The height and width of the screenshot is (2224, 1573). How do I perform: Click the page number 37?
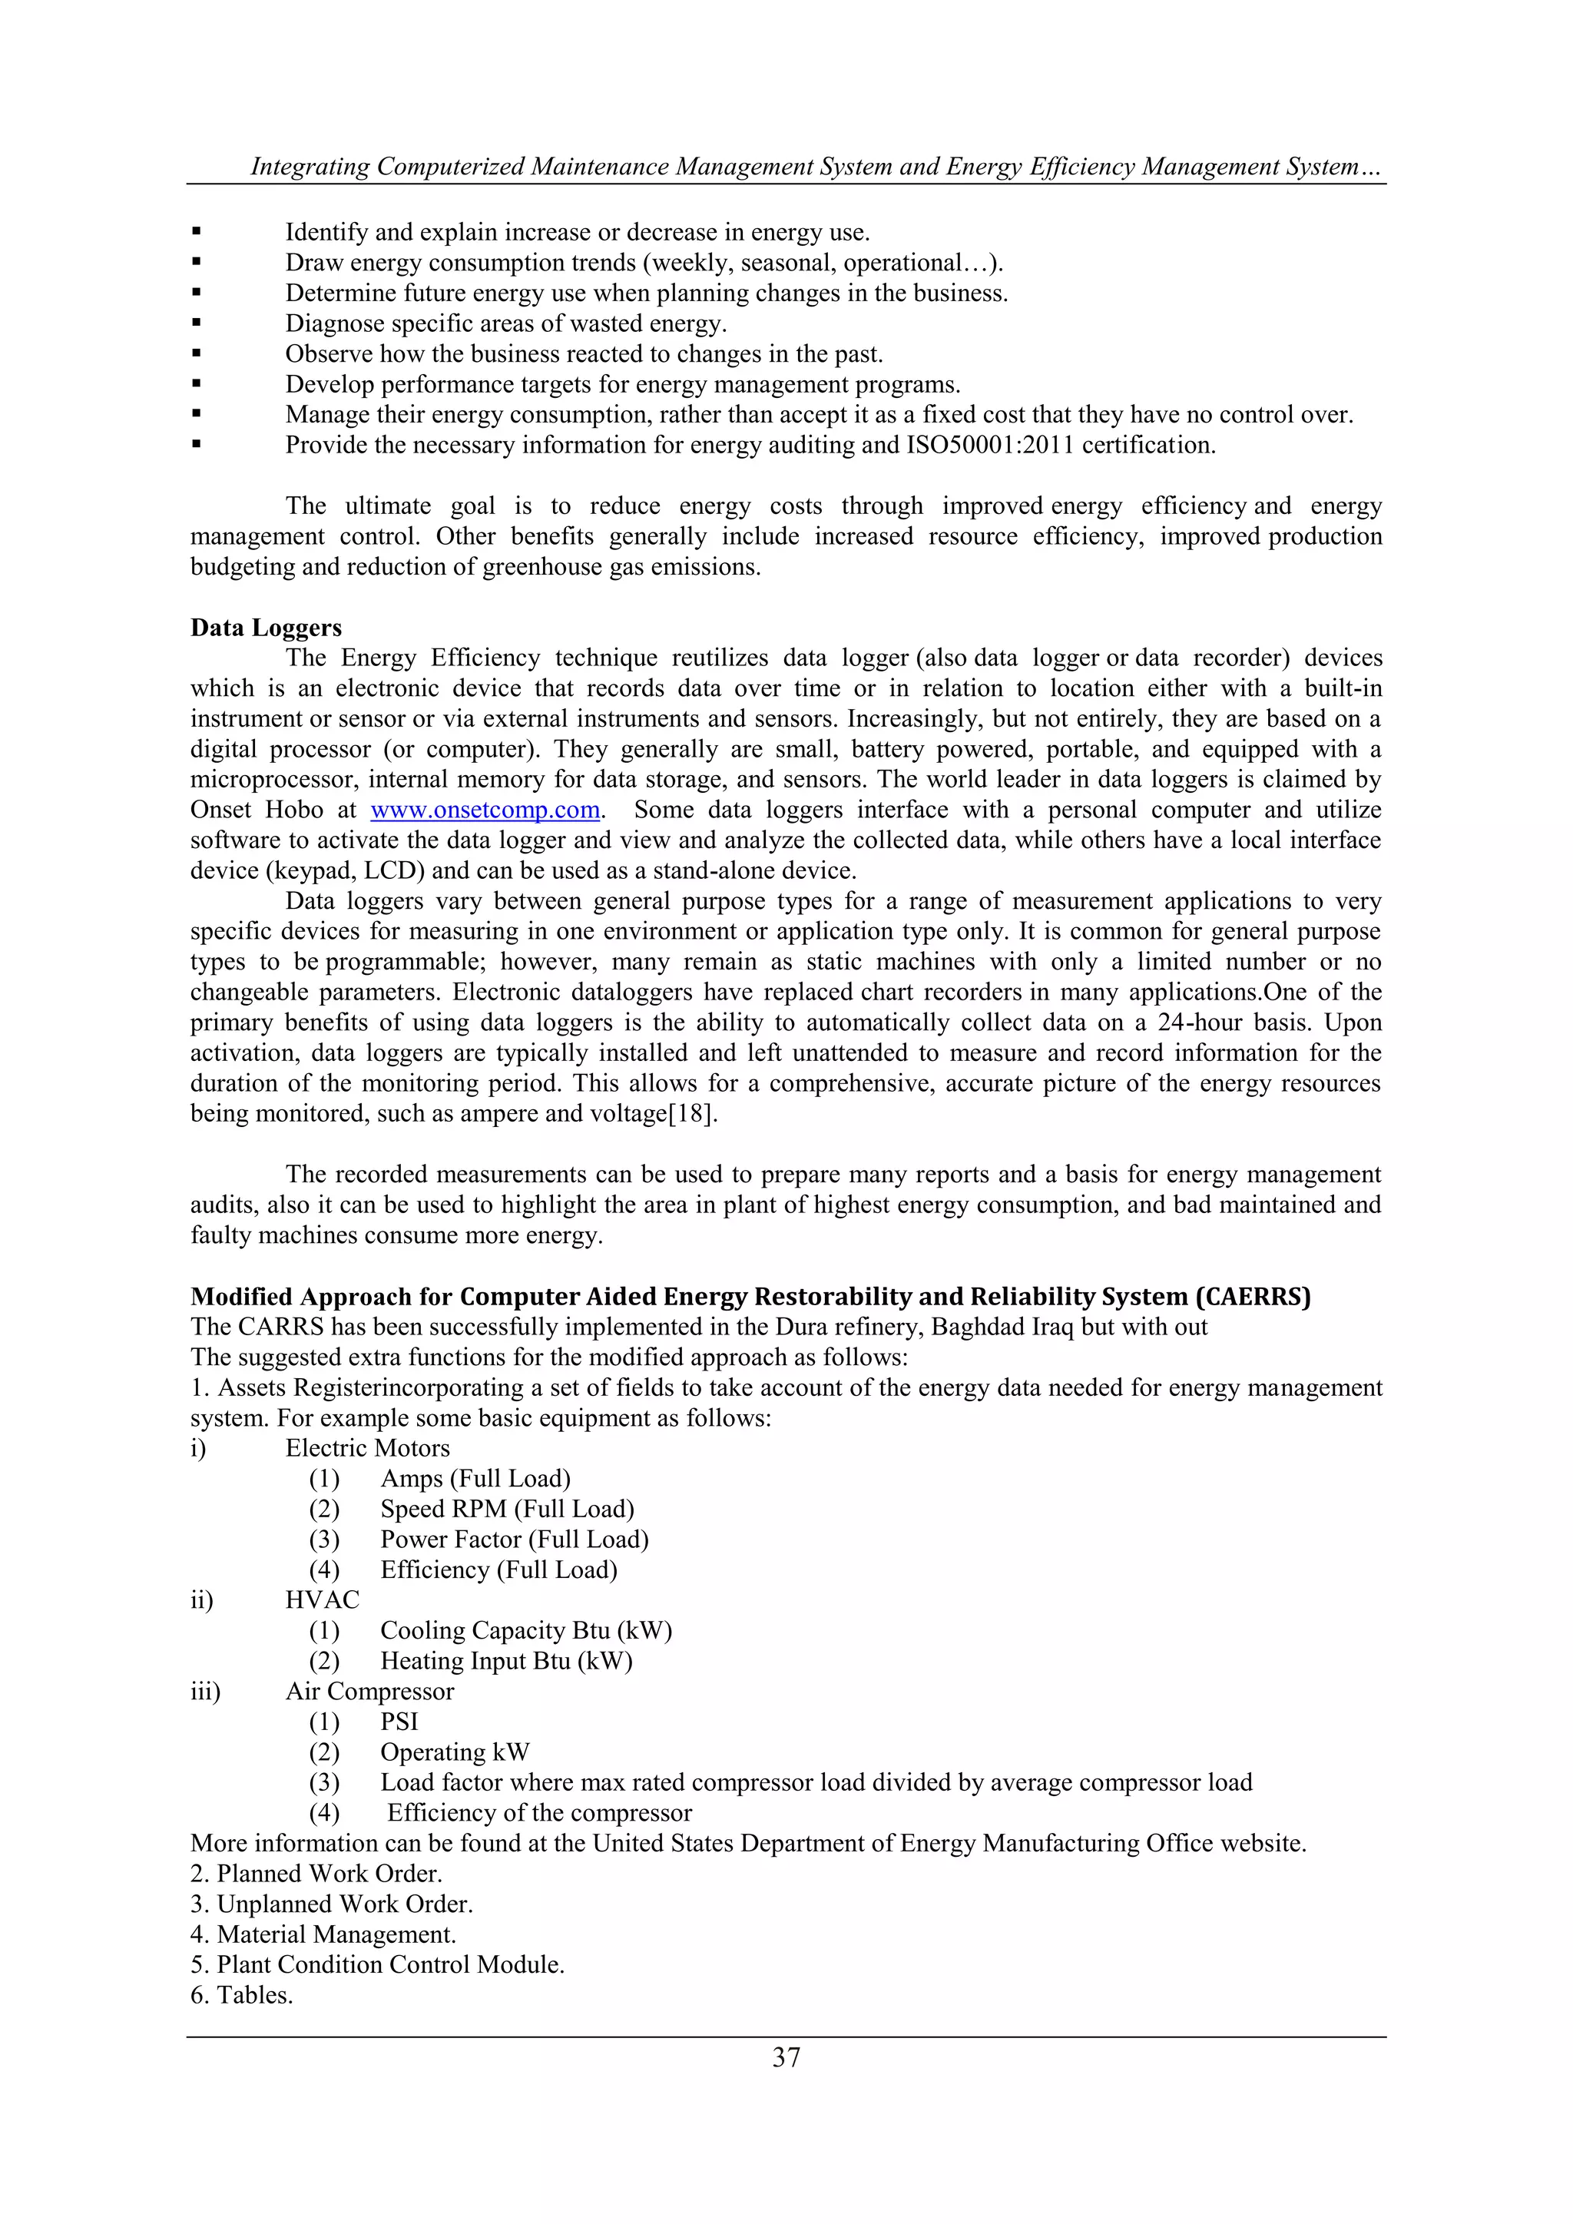786,2057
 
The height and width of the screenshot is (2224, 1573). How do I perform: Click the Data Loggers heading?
267,628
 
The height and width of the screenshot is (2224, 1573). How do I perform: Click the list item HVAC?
323,1600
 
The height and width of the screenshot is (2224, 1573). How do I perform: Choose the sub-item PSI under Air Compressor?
399,1722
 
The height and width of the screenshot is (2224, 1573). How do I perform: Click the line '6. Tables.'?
241,1995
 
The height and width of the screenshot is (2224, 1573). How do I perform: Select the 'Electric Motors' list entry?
367,1448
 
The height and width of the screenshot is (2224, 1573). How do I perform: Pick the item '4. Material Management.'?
323,1934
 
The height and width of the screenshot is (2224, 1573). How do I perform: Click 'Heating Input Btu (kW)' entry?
505,1661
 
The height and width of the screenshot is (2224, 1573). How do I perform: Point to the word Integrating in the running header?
310,167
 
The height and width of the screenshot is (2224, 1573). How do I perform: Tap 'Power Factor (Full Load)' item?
515,1540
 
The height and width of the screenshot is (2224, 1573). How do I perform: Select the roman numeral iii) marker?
205,1692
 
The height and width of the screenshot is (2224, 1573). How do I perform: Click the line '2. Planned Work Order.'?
316,1874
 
